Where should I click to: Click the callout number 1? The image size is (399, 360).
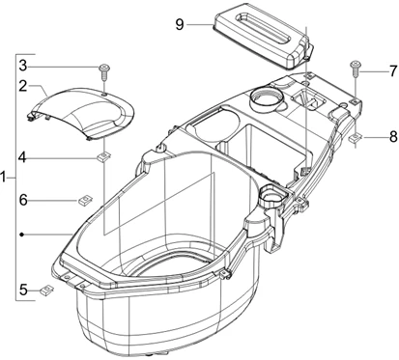(x=6, y=179)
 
